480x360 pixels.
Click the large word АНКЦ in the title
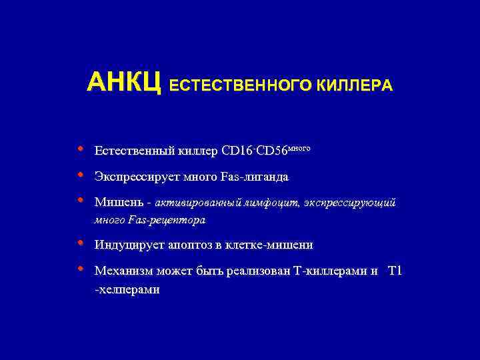coord(125,83)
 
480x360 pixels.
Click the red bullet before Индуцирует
coord(80,243)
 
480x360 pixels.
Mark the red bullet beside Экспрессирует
coord(80,175)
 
